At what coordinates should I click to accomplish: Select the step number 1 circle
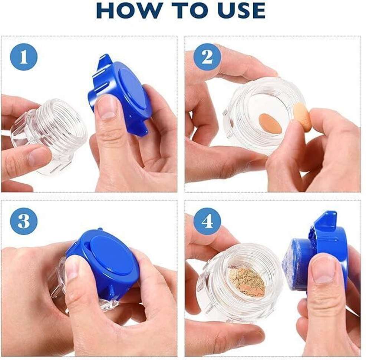pos(24,57)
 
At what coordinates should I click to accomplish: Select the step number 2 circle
pos(207,57)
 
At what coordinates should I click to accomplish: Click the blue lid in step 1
pos(119,96)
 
